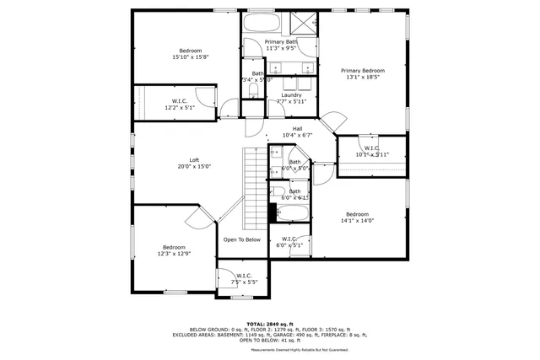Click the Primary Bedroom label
point(362,71)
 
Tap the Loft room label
point(194,160)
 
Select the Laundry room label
point(291,95)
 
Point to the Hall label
point(297,129)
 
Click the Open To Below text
point(242,239)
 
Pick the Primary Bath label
point(281,42)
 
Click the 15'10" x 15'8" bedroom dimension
point(191,57)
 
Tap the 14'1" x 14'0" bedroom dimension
point(357,221)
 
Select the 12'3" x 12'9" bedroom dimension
point(174,253)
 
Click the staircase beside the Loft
point(256,188)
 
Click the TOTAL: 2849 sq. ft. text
point(270,324)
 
